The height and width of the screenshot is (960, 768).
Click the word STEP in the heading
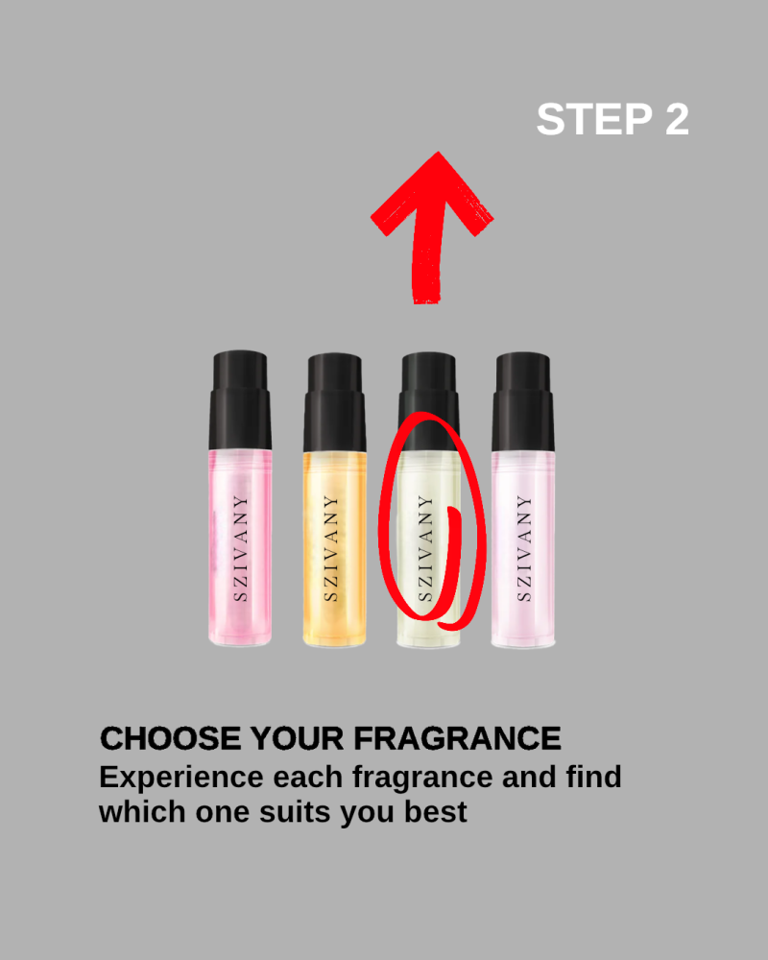(594, 119)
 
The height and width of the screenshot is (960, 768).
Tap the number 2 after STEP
(678, 119)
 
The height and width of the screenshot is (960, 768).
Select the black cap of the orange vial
(334, 402)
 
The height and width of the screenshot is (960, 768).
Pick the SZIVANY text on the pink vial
(241, 548)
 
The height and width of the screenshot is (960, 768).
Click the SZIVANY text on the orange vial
(330, 548)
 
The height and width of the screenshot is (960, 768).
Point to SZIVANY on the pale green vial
(425, 548)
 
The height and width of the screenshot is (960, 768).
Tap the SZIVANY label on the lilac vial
(523, 548)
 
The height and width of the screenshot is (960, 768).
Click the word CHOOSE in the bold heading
(170, 738)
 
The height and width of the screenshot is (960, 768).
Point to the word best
(436, 812)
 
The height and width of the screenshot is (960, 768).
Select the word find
(593, 777)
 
